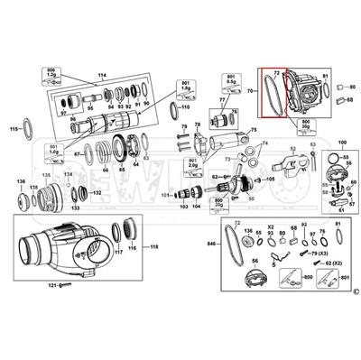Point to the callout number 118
pos(153,246)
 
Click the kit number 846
pos(211,244)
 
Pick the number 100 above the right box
pos(340,143)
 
